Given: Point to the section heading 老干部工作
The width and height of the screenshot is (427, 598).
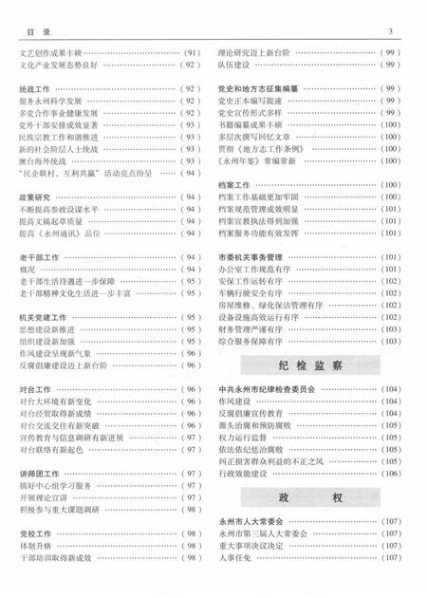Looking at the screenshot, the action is click(39, 256).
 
